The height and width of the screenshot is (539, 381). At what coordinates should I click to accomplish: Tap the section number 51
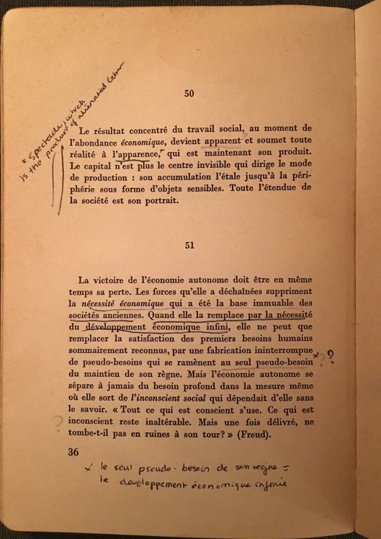189,245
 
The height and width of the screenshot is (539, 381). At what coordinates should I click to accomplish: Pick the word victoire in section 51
135,280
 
